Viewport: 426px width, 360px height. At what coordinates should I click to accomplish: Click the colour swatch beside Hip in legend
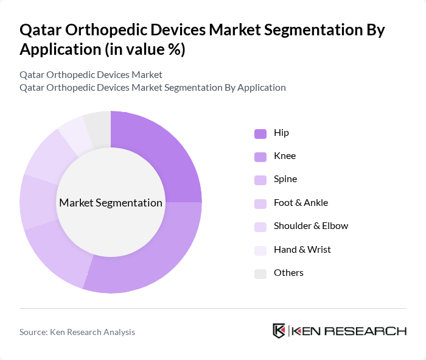point(260,133)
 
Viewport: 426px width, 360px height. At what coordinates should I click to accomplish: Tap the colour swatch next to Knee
point(260,157)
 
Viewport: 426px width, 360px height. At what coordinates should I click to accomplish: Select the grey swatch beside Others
point(260,274)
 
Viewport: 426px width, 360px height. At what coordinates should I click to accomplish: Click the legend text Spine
point(285,180)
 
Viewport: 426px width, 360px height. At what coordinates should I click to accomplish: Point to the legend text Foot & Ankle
point(301,203)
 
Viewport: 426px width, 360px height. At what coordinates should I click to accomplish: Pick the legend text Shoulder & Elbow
point(311,226)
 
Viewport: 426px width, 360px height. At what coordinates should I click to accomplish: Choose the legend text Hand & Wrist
point(302,250)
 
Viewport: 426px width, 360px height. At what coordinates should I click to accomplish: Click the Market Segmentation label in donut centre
point(111,203)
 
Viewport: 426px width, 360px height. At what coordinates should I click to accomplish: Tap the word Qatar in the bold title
point(41,30)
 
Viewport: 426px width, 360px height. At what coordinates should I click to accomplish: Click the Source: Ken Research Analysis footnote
point(77,332)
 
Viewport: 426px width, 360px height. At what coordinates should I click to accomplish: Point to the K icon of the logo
point(279,331)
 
